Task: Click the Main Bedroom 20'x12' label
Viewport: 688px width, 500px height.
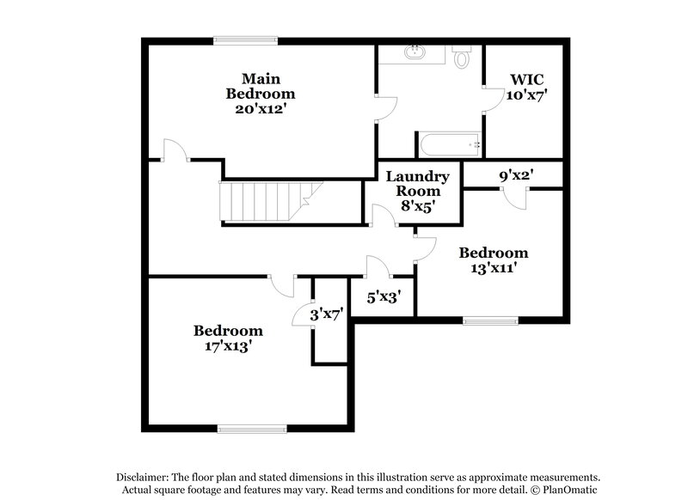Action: pyautogui.click(x=260, y=93)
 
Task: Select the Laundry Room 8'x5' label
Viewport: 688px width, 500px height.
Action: pyautogui.click(x=417, y=191)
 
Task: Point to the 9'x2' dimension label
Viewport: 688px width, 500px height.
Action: pyautogui.click(x=516, y=175)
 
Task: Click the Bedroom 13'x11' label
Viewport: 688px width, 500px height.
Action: pyautogui.click(x=493, y=259)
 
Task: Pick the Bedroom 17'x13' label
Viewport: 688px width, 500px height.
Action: pyautogui.click(x=228, y=338)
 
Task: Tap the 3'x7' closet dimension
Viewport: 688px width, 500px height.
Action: pyautogui.click(x=327, y=315)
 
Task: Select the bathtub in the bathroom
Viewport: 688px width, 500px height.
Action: pyautogui.click(x=449, y=143)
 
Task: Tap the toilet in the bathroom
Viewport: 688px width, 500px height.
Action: pyautogui.click(x=461, y=58)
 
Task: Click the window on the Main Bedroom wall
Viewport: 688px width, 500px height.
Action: pyautogui.click(x=246, y=39)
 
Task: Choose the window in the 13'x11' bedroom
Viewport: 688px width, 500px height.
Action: pyautogui.click(x=491, y=321)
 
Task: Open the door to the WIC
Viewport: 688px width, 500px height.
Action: pyautogui.click(x=491, y=100)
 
